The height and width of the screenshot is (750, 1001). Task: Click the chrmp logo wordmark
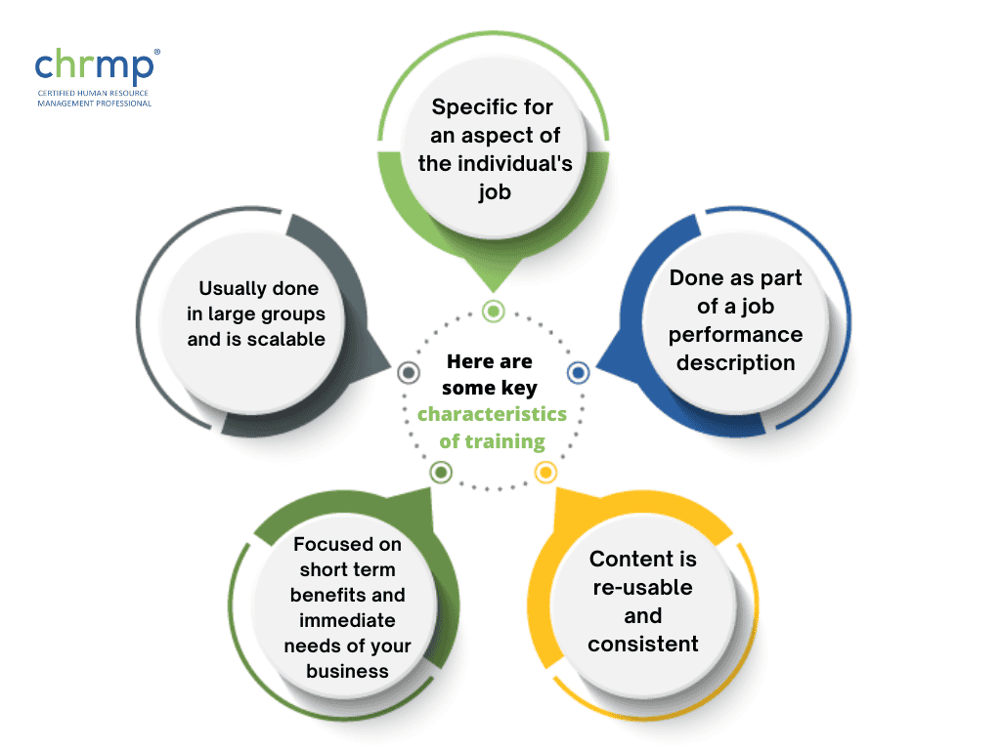(x=94, y=66)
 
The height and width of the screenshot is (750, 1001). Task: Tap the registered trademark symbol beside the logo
(x=157, y=53)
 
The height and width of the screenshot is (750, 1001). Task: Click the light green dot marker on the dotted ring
(x=494, y=312)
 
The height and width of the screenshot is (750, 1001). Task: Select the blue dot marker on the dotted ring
(x=578, y=372)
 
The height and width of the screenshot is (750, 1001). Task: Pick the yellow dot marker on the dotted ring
(x=545, y=473)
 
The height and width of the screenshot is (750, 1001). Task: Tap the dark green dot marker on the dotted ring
(x=442, y=473)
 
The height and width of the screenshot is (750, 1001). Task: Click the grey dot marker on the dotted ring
(x=410, y=372)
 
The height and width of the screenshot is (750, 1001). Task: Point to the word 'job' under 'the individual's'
(x=494, y=191)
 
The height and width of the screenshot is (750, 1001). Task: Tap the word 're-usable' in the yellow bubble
(x=642, y=588)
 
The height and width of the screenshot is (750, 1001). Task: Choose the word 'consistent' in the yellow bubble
(x=642, y=644)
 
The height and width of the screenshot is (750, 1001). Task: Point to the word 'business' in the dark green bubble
(x=347, y=671)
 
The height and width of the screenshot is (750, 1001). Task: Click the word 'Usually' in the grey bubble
(x=234, y=288)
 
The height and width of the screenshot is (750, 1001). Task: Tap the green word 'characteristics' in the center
(x=492, y=414)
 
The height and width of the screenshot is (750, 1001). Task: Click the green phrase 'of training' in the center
(x=492, y=441)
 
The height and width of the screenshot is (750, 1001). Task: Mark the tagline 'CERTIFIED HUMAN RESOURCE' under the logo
(x=93, y=93)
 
